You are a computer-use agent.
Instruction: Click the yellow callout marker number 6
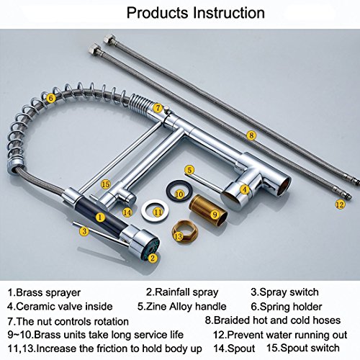coord(50,98)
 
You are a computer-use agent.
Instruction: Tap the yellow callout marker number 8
coord(251,135)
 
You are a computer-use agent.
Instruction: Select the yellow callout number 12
coord(340,204)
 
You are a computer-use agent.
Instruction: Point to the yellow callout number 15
coord(105,184)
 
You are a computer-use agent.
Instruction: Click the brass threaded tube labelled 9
coord(208,210)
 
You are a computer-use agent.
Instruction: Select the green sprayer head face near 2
coord(152,250)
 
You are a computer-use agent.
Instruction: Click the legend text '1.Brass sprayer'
coord(44,293)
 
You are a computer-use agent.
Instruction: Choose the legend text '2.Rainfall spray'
coord(182,292)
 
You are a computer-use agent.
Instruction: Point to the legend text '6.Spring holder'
coord(287,307)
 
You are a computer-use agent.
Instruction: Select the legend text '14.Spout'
coord(234,348)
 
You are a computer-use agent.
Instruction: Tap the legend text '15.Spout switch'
coord(303,348)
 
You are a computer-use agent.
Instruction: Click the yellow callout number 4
coord(245,189)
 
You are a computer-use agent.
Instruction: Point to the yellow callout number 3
coord(84,231)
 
